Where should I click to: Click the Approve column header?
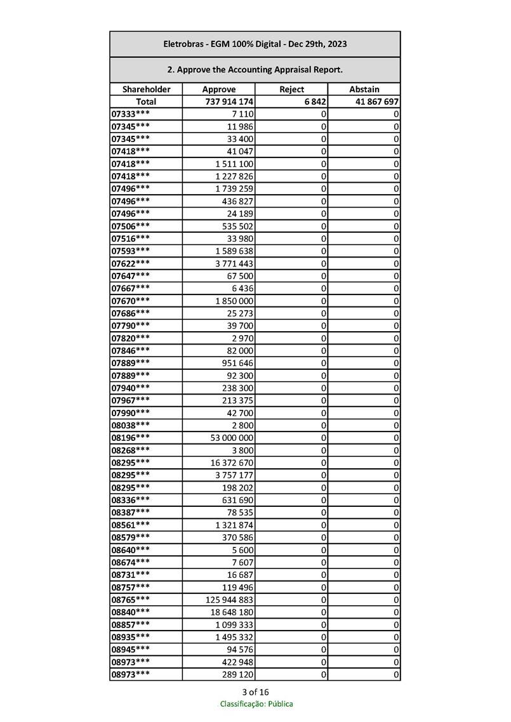(218, 89)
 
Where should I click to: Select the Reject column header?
(291, 89)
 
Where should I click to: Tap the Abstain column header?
(364, 89)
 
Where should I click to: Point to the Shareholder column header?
(146, 89)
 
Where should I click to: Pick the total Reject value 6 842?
(315, 102)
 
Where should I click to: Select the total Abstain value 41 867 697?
(374, 102)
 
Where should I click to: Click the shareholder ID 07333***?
(131, 114)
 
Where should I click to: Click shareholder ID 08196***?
(131, 438)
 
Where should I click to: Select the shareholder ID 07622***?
(131, 263)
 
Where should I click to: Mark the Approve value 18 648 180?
(232, 612)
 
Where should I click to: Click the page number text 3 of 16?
(255, 692)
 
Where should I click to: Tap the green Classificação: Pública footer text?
(256, 704)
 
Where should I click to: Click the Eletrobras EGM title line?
(255, 44)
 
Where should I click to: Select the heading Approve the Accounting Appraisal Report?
(255, 69)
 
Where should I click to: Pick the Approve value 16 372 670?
(232, 463)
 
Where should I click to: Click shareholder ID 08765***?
(131, 600)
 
